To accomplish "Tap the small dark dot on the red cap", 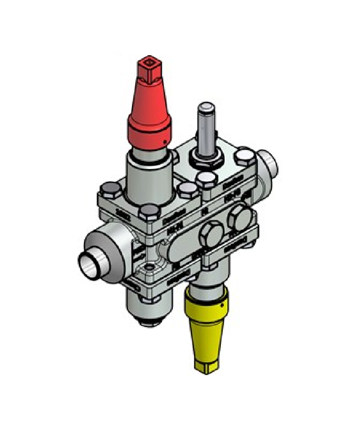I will (164, 141).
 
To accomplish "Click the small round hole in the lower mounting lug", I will (149, 267).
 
